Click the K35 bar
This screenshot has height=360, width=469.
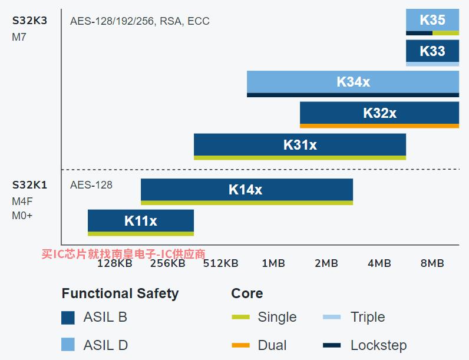432,22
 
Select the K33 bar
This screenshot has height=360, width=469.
432,52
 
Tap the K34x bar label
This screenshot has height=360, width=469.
354,82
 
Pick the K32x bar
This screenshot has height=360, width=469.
379,115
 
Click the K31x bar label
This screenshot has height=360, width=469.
300,145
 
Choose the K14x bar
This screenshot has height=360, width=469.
247,191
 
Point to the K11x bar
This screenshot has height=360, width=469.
141,223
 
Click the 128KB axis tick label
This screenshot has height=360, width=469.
115,263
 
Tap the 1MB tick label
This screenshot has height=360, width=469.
273,263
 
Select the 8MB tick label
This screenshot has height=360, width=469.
432,263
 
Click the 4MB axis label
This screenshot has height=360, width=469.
379,263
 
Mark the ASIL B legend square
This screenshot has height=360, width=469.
68,318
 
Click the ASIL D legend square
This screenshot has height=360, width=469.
68,345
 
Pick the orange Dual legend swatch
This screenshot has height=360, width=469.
240,345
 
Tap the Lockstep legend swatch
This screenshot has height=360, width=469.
332,345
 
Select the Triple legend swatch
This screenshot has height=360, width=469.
332,317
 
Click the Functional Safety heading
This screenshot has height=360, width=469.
120,293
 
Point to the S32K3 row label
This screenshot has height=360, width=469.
29,21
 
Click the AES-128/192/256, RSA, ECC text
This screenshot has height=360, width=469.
140,21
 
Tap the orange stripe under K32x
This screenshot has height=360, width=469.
379,126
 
